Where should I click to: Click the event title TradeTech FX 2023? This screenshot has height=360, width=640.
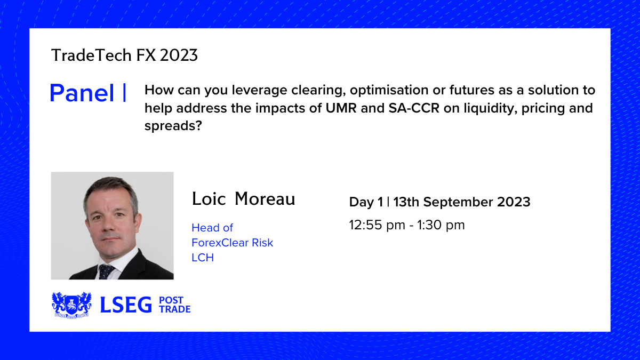click(x=124, y=55)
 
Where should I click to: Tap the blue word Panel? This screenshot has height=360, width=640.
click(x=82, y=93)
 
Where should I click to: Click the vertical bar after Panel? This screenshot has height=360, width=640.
click(x=124, y=92)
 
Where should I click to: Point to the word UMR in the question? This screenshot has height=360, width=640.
click(x=341, y=108)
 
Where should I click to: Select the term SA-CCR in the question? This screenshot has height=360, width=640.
click(x=414, y=108)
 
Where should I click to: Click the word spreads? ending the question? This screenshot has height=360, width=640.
click(x=173, y=126)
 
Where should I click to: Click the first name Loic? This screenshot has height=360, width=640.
click(x=209, y=198)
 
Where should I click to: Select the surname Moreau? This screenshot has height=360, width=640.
click(x=265, y=198)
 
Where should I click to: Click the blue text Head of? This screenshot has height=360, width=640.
click(x=212, y=228)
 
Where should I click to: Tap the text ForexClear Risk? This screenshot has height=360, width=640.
click(x=233, y=243)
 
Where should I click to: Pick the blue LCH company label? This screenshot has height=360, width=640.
click(x=203, y=258)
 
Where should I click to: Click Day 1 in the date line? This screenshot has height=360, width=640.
click(x=366, y=202)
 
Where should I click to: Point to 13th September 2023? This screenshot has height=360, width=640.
click(x=462, y=202)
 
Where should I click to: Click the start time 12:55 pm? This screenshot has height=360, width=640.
click(x=377, y=225)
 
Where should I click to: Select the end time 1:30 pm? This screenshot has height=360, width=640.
click(x=441, y=225)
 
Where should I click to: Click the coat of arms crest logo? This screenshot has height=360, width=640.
click(x=71, y=305)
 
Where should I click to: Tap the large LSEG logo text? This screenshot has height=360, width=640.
click(x=126, y=305)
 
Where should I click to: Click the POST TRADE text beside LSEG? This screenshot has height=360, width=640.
click(x=174, y=305)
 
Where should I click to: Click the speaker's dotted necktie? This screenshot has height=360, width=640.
click(x=106, y=271)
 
